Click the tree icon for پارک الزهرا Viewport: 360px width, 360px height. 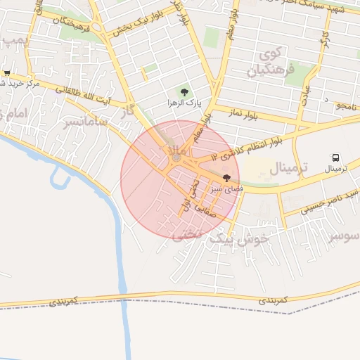[185, 92]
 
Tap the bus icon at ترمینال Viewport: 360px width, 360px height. [336, 158]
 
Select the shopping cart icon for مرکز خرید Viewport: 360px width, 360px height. [7, 72]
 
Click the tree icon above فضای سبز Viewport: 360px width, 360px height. [226, 178]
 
